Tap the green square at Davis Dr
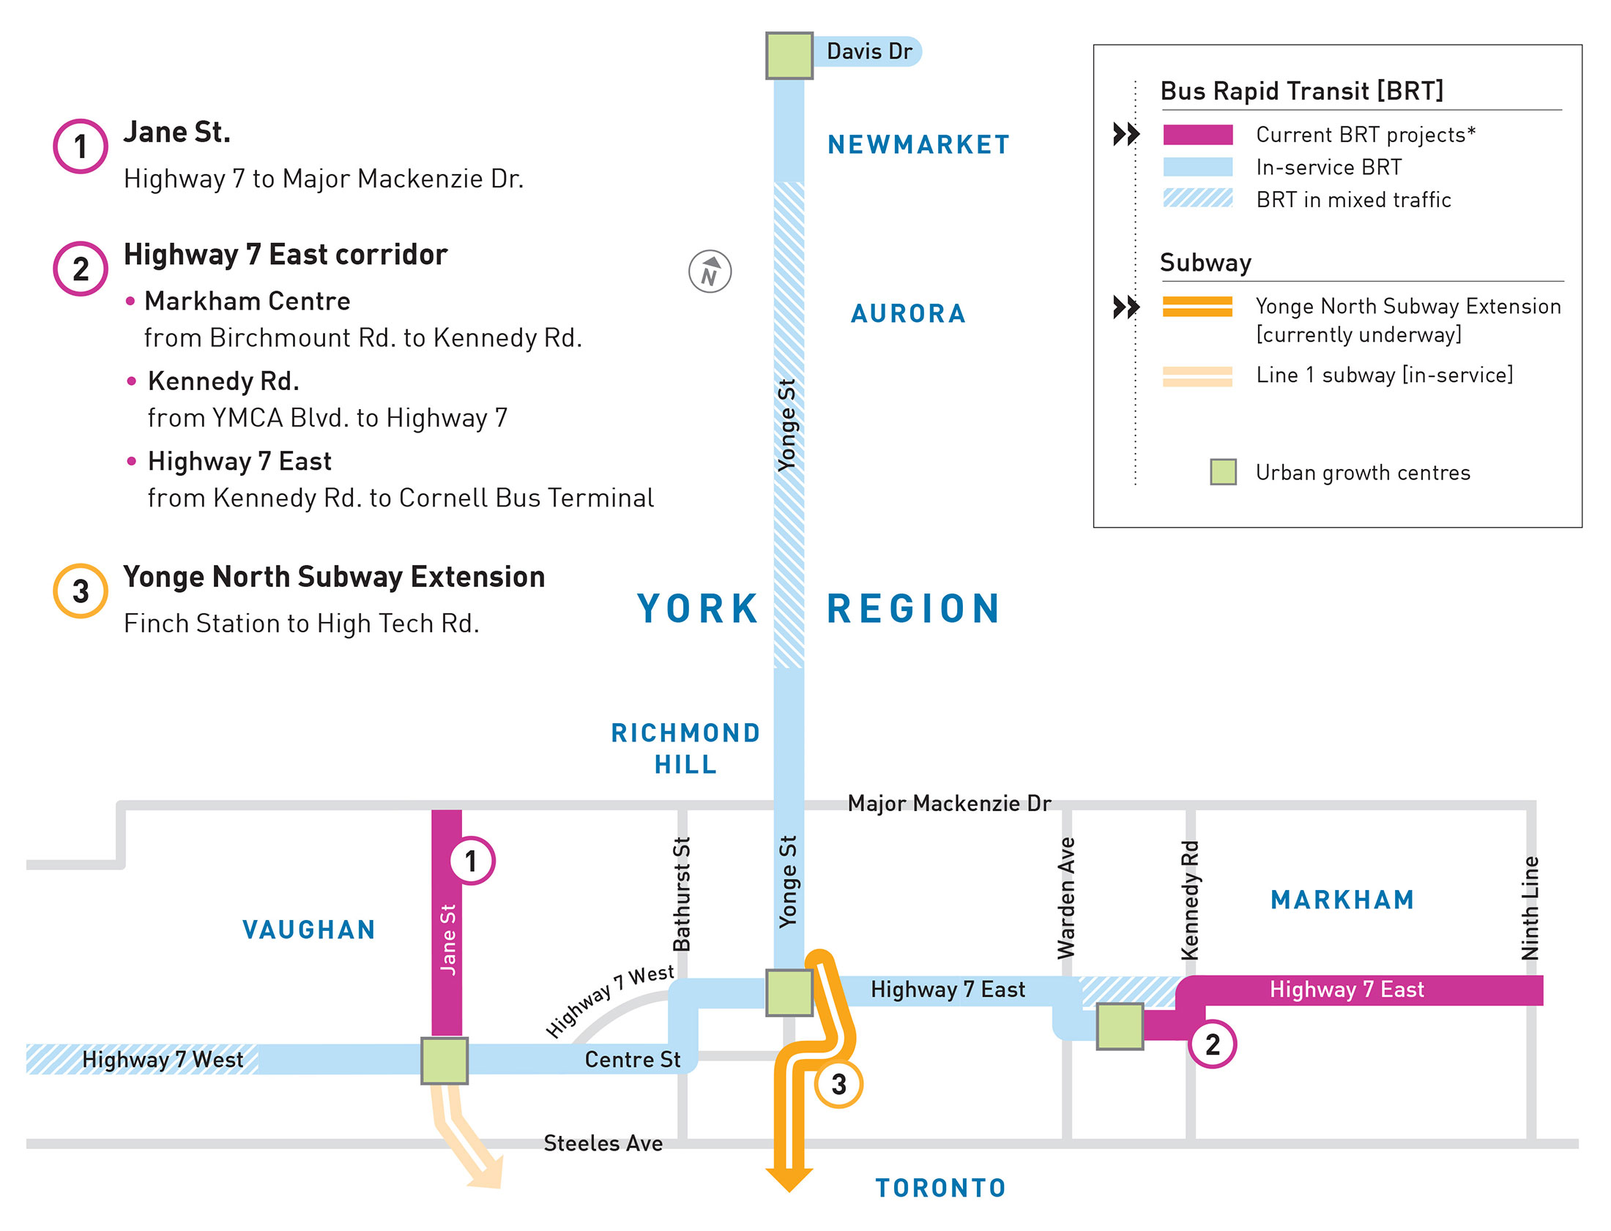[789, 56]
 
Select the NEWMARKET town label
[918, 144]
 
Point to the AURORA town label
[908, 314]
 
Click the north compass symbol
[710, 272]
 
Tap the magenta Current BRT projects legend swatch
[1197, 135]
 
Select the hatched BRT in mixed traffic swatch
[1197, 198]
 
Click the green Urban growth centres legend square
[1223, 472]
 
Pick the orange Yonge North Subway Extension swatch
[1197, 306]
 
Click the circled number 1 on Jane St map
[472, 861]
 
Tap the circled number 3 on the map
[838, 1084]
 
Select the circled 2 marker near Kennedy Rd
[1213, 1044]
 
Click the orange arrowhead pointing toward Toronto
[789, 1178]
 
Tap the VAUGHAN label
[308, 930]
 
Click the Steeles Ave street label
[603, 1143]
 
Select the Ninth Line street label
[1530, 908]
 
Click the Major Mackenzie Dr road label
[948, 803]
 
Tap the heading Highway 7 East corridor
[285, 255]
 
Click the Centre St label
[632, 1060]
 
